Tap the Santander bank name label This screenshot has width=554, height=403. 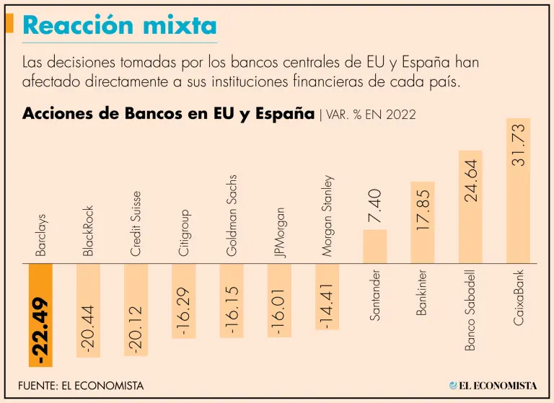click(x=375, y=296)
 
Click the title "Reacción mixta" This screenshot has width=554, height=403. click(x=120, y=26)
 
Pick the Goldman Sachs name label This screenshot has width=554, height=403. click(x=232, y=215)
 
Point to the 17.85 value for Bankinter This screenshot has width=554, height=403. click(x=423, y=209)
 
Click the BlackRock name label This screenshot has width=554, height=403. click(x=89, y=231)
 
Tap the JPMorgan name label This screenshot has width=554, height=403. click(x=279, y=232)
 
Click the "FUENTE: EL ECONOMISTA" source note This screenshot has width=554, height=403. click(x=81, y=386)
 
